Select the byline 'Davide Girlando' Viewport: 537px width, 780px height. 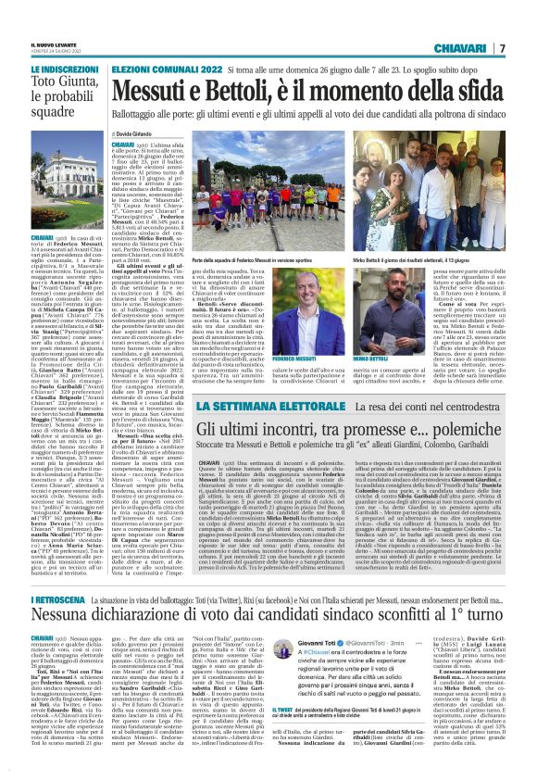coord(138,135)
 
